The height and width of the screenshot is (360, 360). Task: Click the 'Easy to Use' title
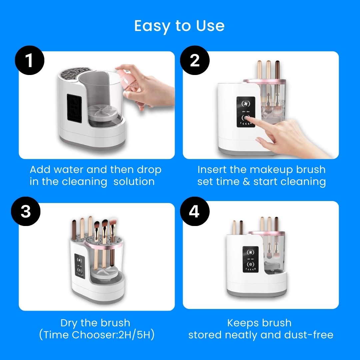(x=179, y=26)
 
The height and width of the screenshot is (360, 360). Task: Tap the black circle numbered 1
(x=29, y=60)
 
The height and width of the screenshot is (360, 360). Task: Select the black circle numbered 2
(x=195, y=60)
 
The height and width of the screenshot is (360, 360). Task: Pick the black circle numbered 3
(x=26, y=211)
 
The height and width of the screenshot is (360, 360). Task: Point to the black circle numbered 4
(x=195, y=211)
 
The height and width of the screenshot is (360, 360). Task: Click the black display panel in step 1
(x=74, y=108)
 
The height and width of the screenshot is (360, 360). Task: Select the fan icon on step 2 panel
(x=246, y=104)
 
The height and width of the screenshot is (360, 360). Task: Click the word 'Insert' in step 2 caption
(x=211, y=170)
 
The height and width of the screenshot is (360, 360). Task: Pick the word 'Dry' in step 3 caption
(x=69, y=323)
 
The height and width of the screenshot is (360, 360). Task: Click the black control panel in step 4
(x=251, y=259)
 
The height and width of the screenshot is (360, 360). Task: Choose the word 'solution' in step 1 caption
(x=134, y=182)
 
